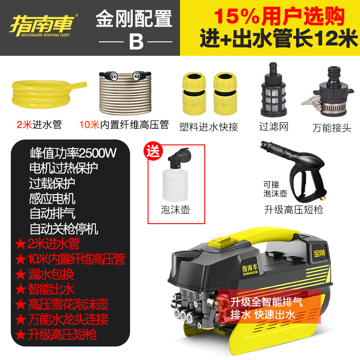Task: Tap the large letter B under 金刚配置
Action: (135, 41)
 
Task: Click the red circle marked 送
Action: (154, 152)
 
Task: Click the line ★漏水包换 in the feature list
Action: (45, 274)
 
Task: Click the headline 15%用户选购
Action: (279, 17)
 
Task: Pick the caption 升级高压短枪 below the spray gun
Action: (294, 210)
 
